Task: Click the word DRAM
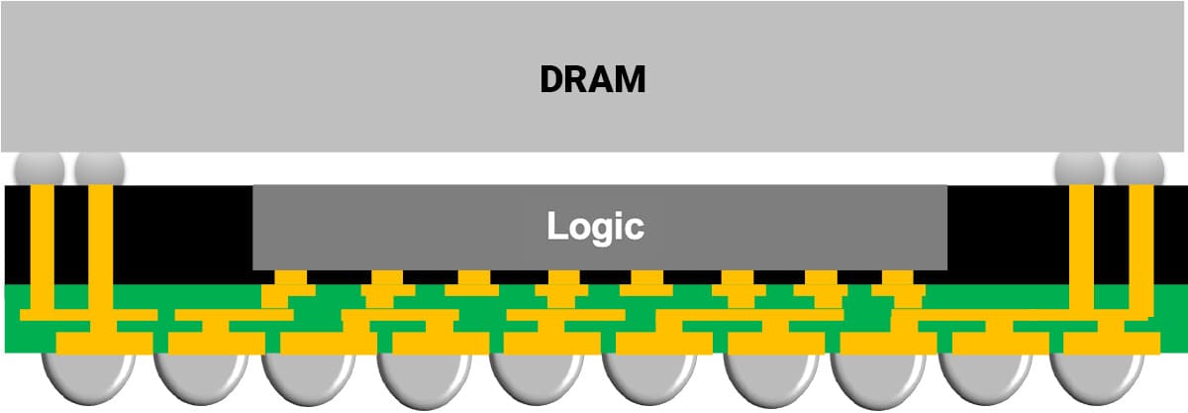click(x=593, y=78)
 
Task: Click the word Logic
click(x=595, y=227)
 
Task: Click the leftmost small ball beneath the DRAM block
click(x=41, y=168)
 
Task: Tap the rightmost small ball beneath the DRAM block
click(x=1139, y=168)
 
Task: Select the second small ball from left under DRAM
click(x=99, y=168)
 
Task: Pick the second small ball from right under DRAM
click(x=1080, y=168)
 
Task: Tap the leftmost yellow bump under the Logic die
click(x=289, y=280)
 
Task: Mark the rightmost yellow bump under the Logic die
click(x=897, y=280)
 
